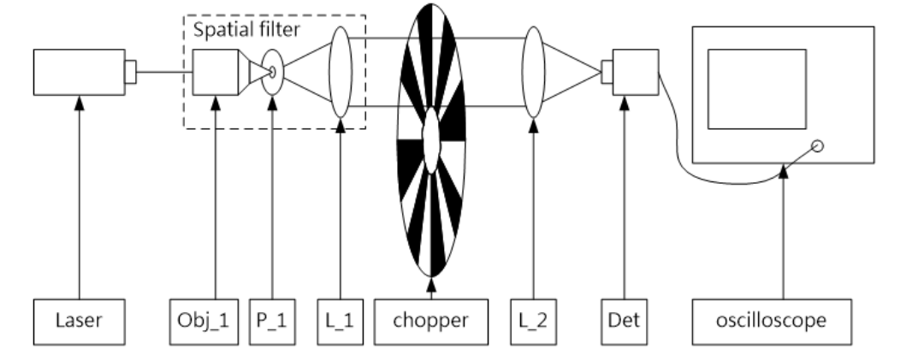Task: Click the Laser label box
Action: pos(79,322)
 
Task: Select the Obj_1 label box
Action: pos(215,322)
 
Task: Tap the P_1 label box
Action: pos(273,322)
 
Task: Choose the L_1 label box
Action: pos(340,322)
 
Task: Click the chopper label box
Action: pos(430,322)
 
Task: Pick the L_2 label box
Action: pos(534,322)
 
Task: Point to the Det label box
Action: pos(625,322)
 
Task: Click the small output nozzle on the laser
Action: pos(130,73)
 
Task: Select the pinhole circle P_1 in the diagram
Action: pos(273,73)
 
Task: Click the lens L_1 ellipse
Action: pos(340,73)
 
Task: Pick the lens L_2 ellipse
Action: pos(534,73)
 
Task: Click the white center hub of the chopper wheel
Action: pos(431,140)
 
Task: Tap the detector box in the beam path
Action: pos(635,73)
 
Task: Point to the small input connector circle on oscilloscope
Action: pos(817,147)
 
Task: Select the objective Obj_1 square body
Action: pos(215,73)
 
